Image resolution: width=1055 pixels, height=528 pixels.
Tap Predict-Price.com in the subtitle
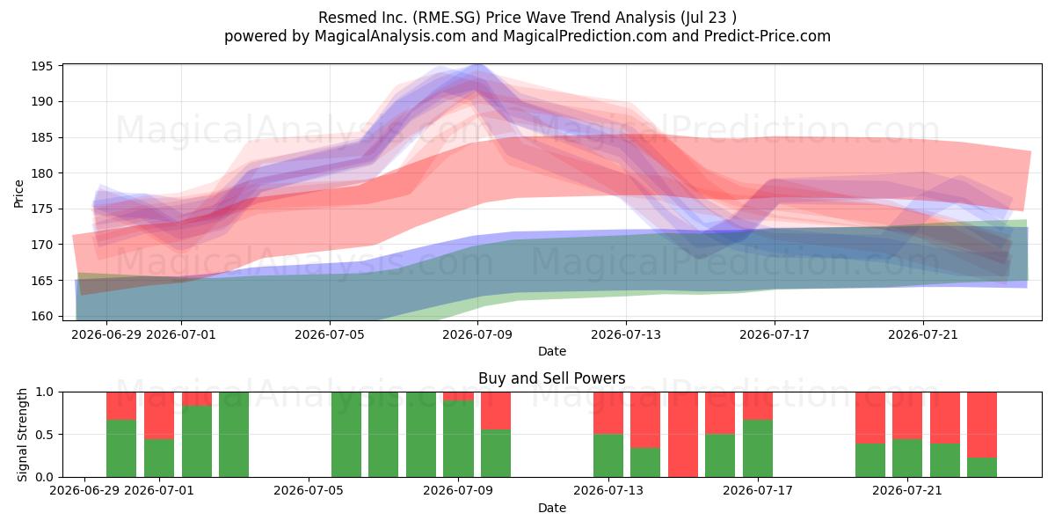(768, 36)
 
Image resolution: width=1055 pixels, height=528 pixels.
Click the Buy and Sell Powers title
(551, 378)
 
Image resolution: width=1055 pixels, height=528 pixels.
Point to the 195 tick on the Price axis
(41, 66)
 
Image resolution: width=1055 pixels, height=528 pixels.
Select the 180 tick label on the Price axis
(41, 173)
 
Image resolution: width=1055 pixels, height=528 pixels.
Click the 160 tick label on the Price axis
(41, 316)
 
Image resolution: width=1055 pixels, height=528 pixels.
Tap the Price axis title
(18, 194)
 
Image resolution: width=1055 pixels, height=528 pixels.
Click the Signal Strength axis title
(22, 435)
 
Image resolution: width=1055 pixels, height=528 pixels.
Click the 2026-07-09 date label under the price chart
(477, 334)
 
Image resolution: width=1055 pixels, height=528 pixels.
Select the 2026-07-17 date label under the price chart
(775, 334)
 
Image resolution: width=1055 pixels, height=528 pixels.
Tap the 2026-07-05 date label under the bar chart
(309, 491)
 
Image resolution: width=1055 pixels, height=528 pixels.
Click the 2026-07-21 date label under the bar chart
(907, 491)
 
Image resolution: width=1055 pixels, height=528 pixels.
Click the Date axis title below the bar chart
(552, 508)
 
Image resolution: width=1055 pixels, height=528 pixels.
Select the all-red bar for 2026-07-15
(683, 434)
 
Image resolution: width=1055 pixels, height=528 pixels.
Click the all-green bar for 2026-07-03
(234, 434)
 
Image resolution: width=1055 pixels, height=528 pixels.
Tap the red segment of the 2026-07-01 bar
(159, 415)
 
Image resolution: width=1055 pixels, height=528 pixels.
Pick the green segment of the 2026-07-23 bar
(982, 467)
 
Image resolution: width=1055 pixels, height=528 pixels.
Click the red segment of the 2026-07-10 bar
(496, 411)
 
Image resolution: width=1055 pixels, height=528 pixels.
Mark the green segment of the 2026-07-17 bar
(758, 448)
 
